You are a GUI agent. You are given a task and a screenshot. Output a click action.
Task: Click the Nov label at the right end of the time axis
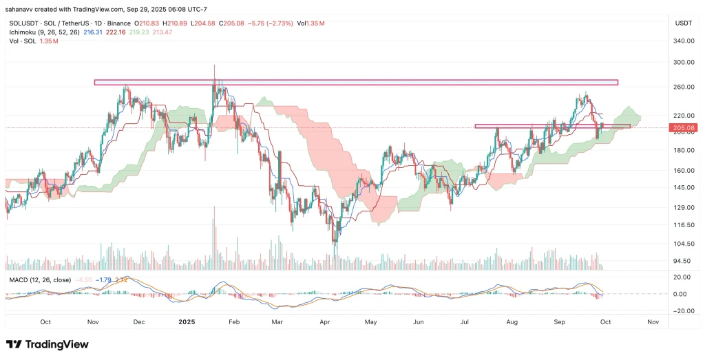(x=653, y=321)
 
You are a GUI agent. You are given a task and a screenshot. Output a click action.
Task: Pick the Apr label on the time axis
(x=324, y=321)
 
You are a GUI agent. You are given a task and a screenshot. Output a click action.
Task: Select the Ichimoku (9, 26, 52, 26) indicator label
(x=41, y=32)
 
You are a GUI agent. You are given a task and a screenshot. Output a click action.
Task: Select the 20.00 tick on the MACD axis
(x=682, y=277)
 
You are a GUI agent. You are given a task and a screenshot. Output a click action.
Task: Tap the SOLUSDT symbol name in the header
(x=22, y=23)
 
